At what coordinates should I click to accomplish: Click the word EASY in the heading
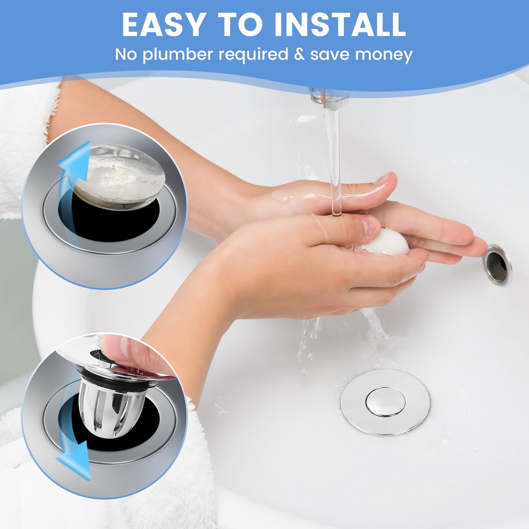163,25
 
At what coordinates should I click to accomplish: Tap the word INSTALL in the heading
340,25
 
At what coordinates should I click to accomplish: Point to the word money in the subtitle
384,55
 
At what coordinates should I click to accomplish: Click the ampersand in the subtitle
299,54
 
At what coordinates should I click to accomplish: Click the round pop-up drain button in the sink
385,402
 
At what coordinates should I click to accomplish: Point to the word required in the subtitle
254,55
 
